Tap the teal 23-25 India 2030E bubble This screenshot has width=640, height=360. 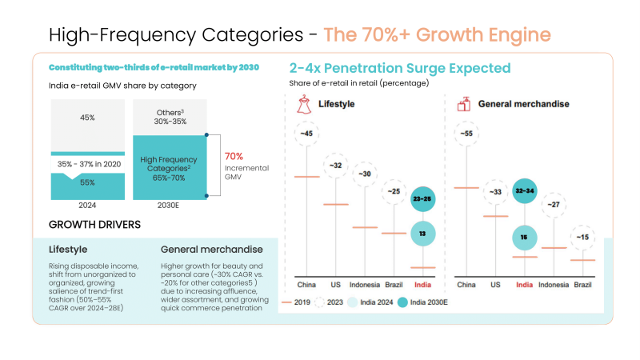pos(422,198)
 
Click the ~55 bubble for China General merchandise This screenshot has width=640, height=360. pos(466,134)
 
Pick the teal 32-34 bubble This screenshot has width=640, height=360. pos(525,192)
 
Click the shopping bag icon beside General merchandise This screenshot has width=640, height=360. pos(462,104)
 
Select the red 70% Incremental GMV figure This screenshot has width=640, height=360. pos(234,157)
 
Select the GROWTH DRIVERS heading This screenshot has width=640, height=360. pos(95,225)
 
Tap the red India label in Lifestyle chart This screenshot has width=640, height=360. pos(422,284)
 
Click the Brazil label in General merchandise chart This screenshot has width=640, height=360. pos(583,284)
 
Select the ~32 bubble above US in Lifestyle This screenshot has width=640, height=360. pos(335,166)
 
